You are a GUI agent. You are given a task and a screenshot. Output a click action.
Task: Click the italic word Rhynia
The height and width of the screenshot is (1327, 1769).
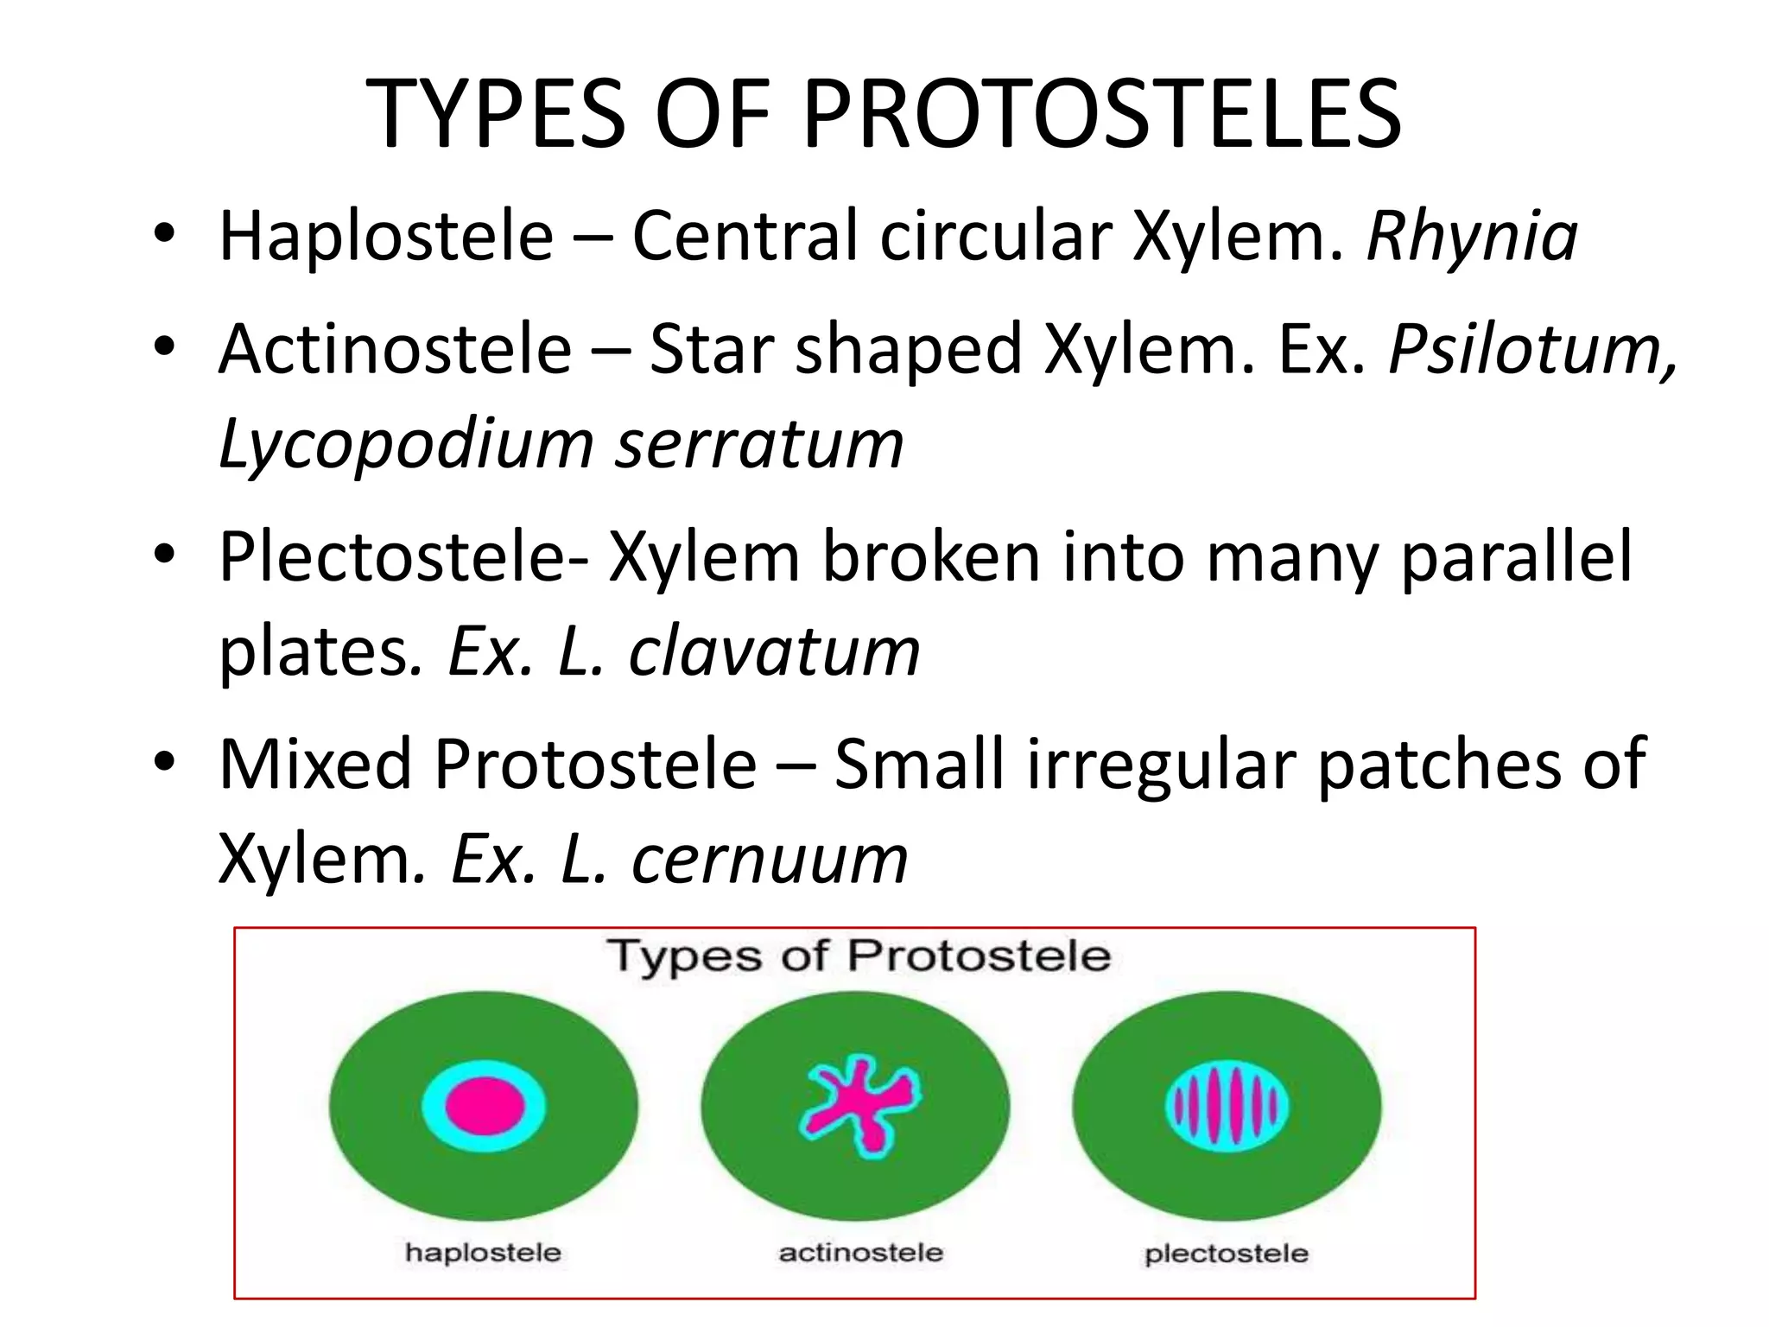pyautogui.click(x=1472, y=236)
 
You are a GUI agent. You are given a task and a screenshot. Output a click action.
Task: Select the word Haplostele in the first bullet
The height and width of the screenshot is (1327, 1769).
pyautogui.click(x=386, y=236)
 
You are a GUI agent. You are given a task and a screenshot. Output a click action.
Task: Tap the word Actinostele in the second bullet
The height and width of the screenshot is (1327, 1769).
pyautogui.click(x=396, y=349)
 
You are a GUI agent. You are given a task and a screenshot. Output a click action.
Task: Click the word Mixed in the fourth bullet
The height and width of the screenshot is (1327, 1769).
pyautogui.click(x=315, y=764)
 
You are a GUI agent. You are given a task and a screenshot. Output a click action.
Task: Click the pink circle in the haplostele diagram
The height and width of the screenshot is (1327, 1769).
pyautogui.click(x=485, y=1107)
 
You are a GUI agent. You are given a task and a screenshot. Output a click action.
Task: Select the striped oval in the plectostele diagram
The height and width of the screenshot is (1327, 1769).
pyautogui.click(x=1227, y=1107)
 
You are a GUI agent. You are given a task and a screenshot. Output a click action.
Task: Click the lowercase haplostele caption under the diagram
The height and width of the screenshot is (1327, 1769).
pyautogui.click(x=483, y=1253)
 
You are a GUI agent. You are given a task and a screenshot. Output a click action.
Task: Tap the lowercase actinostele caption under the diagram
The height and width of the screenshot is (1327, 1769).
pyautogui.click(x=860, y=1253)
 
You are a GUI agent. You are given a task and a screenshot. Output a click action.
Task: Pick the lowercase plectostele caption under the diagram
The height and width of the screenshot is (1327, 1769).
pyautogui.click(x=1226, y=1254)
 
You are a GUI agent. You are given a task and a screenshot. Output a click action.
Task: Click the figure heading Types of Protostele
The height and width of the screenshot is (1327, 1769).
pyautogui.click(x=859, y=956)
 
